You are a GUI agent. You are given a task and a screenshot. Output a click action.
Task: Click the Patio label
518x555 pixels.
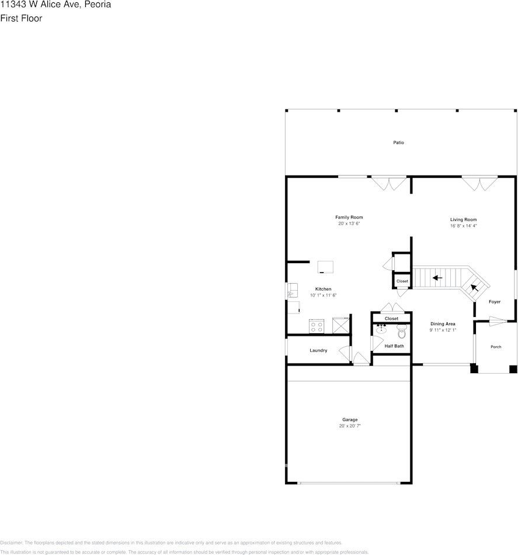click(x=398, y=143)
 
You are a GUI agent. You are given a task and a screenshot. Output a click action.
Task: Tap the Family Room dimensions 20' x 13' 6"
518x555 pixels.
click(x=349, y=224)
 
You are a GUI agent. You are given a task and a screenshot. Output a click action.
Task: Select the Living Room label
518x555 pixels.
click(x=463, y=220)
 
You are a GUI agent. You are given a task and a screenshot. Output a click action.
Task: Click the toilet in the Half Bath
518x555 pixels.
click(x=401, y=333)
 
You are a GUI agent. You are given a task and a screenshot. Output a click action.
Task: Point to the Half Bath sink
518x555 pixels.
click(x=381, y=329)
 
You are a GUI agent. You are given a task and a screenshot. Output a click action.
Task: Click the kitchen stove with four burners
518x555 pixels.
click(x=317, y=326)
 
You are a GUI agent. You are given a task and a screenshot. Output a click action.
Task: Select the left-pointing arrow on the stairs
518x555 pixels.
click(x=437, y=278)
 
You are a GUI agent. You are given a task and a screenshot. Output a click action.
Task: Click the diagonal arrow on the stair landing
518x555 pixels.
click(x=475, y=287)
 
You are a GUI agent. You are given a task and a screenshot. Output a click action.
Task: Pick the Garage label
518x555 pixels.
click(x=350, y=420)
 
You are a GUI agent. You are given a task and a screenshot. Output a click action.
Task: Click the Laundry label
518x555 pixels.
click(x=318, y=350)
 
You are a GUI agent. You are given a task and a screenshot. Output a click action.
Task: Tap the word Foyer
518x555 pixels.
click(x=495, y=302)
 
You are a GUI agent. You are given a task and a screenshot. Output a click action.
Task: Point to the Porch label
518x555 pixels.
click(x=496, y=347)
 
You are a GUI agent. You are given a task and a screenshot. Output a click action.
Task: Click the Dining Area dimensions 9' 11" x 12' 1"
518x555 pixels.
click(x=443, y=330)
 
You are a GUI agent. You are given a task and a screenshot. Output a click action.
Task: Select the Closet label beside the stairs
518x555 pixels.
click(x=402, y=281)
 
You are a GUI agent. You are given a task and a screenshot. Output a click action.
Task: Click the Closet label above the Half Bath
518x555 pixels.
click(x=391, y=319)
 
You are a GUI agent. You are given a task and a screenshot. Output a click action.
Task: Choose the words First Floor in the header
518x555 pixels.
click(x=21, y=18)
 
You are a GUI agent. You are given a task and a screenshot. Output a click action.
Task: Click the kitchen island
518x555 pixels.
click(x=326, y=267)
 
